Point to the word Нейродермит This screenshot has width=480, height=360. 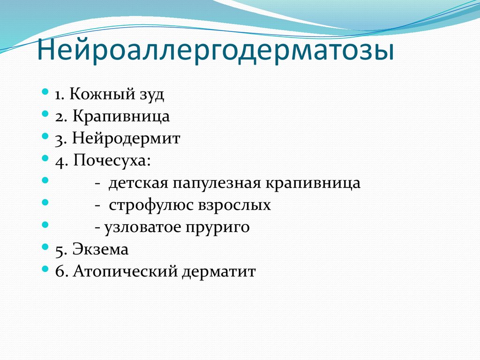tap(127, 139)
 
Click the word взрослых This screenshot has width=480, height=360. tap(238, 205)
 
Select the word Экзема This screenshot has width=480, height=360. tap(100, 249)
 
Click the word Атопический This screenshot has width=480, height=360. tap(124, 271)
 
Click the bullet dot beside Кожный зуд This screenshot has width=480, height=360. tap(45, 92)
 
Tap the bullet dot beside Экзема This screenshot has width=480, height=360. tap(45, 247)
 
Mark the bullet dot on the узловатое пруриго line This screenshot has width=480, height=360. tap(45, 225)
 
